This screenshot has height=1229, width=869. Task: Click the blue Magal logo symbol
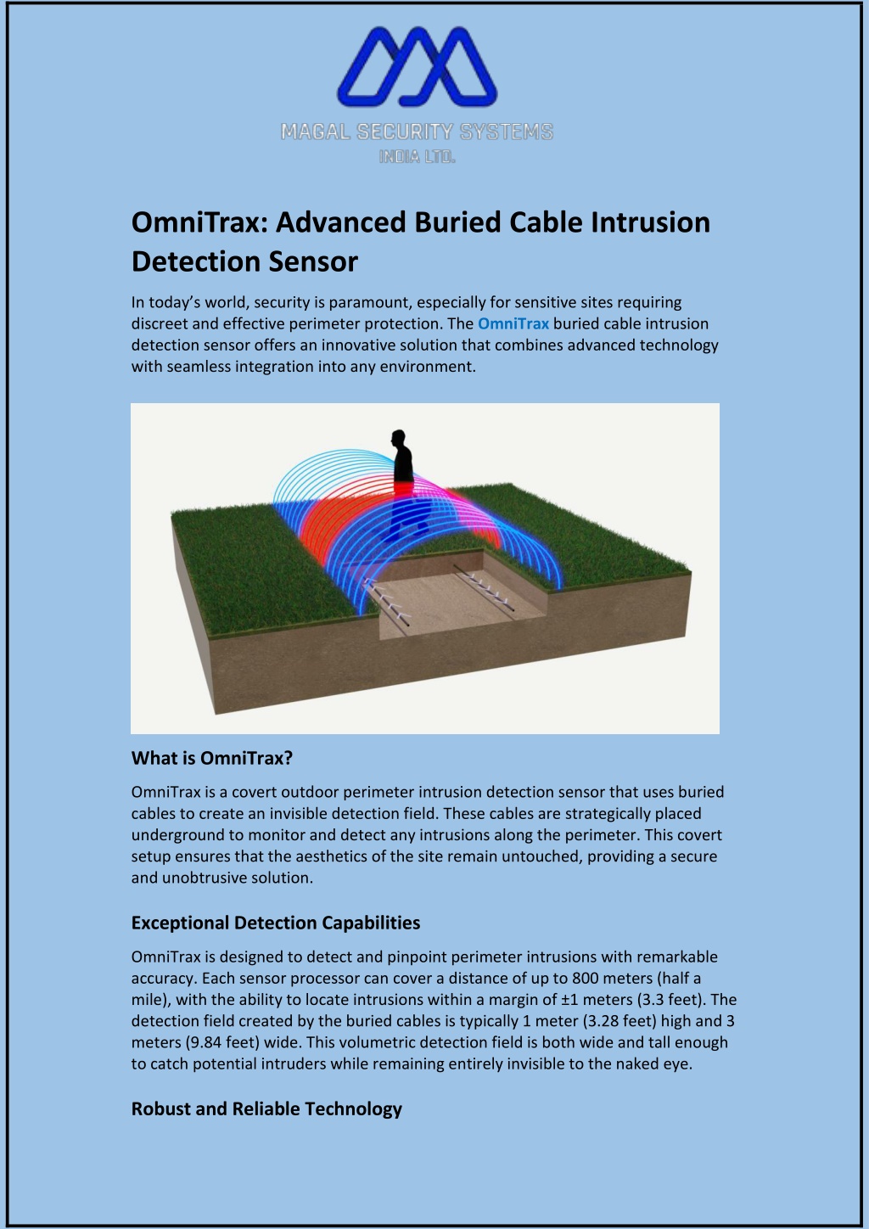pyautogui.click(x=417, y=66)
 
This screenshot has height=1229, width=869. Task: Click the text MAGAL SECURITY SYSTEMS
pyautogui.click(x=417, y=132)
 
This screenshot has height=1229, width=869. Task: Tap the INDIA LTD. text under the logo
pyautogui.click(x=417, y=157)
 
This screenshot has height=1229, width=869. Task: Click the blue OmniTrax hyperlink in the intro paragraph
pyautogui.click(x=513, y=323)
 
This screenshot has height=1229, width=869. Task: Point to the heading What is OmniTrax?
pyautogui.click(x=212, y=758)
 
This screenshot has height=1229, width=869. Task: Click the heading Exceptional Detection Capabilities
pyautogui.click(x=276, y=923)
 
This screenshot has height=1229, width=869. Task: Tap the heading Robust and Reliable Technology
pyautogui.click(x=266, y=1108)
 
